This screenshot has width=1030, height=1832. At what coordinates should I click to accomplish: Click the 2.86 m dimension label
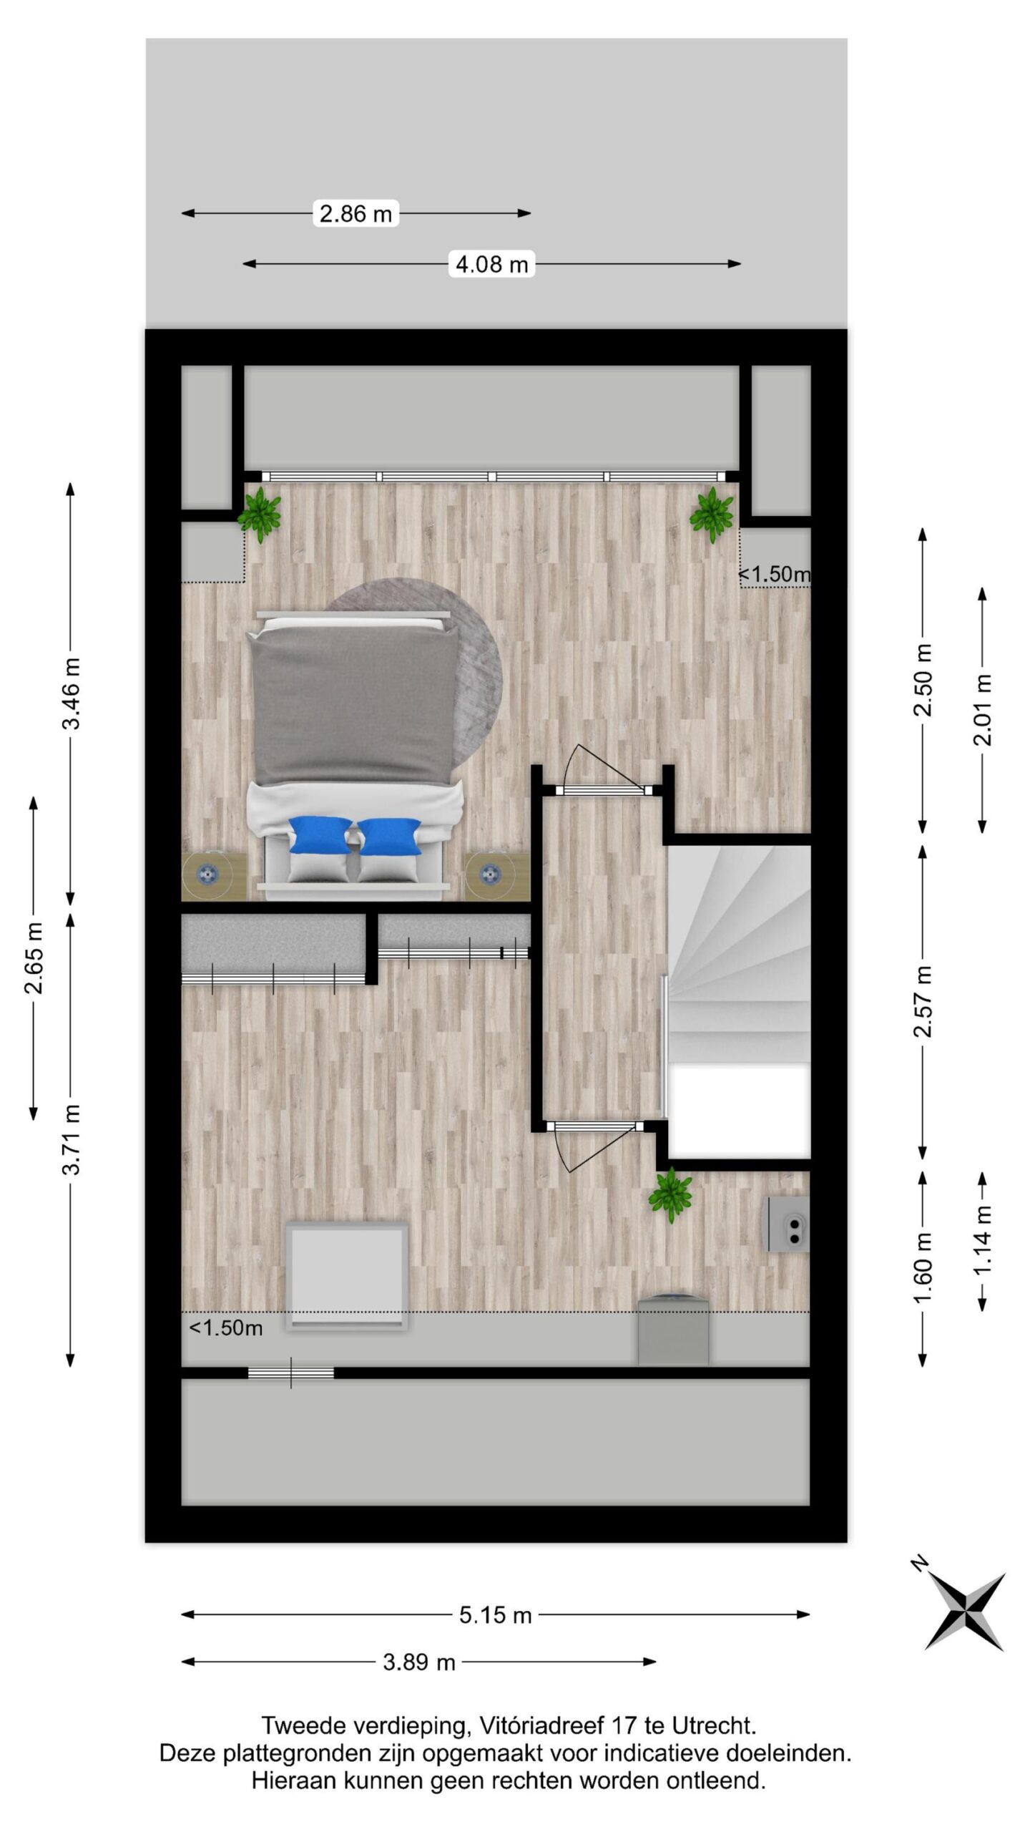click(355, 213)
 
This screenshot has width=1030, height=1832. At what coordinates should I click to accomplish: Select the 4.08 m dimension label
click(492, 264)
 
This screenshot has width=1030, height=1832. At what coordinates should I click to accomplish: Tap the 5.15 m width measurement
click(495, 1615)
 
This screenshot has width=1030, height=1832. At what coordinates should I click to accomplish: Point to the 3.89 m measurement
click(419, 1662)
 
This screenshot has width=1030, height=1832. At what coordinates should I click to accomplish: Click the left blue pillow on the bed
click(320, 836)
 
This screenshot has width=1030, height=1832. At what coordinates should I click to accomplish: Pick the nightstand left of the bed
click(214, 876)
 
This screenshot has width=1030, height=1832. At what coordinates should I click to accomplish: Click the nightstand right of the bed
click(497, 876)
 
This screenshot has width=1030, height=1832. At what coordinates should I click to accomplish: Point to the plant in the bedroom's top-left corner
click(260, 514)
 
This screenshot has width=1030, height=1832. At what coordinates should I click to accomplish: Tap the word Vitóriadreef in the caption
click(542, 1726)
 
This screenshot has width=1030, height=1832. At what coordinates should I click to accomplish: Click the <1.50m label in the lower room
click(226, 1328)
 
